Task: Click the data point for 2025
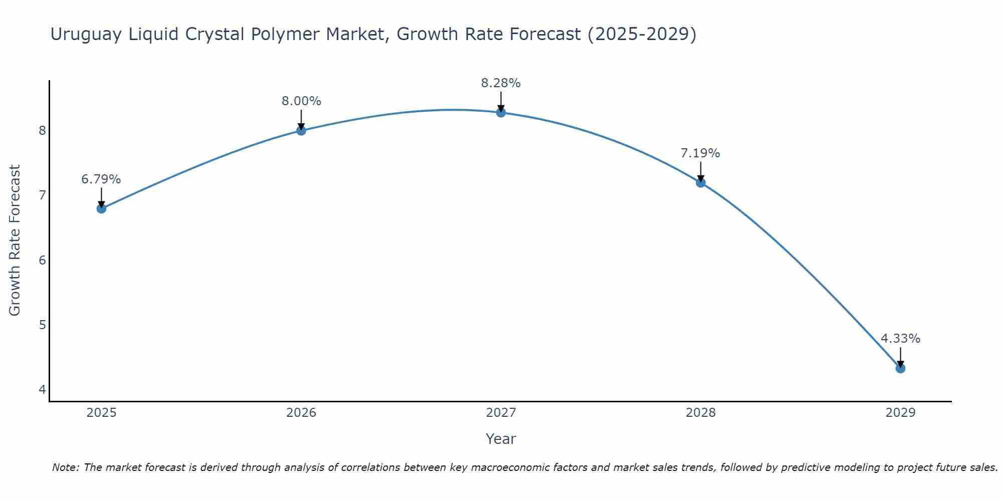click(x=101, y=208)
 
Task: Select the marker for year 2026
click(x=301, y=131)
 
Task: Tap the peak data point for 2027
click(x=500, y=112)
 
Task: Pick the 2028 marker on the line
click(x=700, y=182)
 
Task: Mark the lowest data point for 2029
click(x=900, y=368)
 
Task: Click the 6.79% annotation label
click(x=101, y=179)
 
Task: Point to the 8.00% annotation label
click(x=301, y=101)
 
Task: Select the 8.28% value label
click(x=500, y=83)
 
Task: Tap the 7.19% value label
click(x=700, y=153)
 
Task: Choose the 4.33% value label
click(x=900, y=339)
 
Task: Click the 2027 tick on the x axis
click(x=500, y=413)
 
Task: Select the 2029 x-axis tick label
click(x=900, y=413)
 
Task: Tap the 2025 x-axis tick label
click(x=101, y=413)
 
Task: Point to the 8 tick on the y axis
click(x=42, y=131)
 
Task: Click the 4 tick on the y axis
click(x=42, y=389)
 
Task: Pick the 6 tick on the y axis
click(x=42, y=260)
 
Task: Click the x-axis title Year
click(x=500, y=439)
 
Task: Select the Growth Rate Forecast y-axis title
click(x=15, y=240)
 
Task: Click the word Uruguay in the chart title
click(x=86, y=34)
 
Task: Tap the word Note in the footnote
click(x=65, y=467)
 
